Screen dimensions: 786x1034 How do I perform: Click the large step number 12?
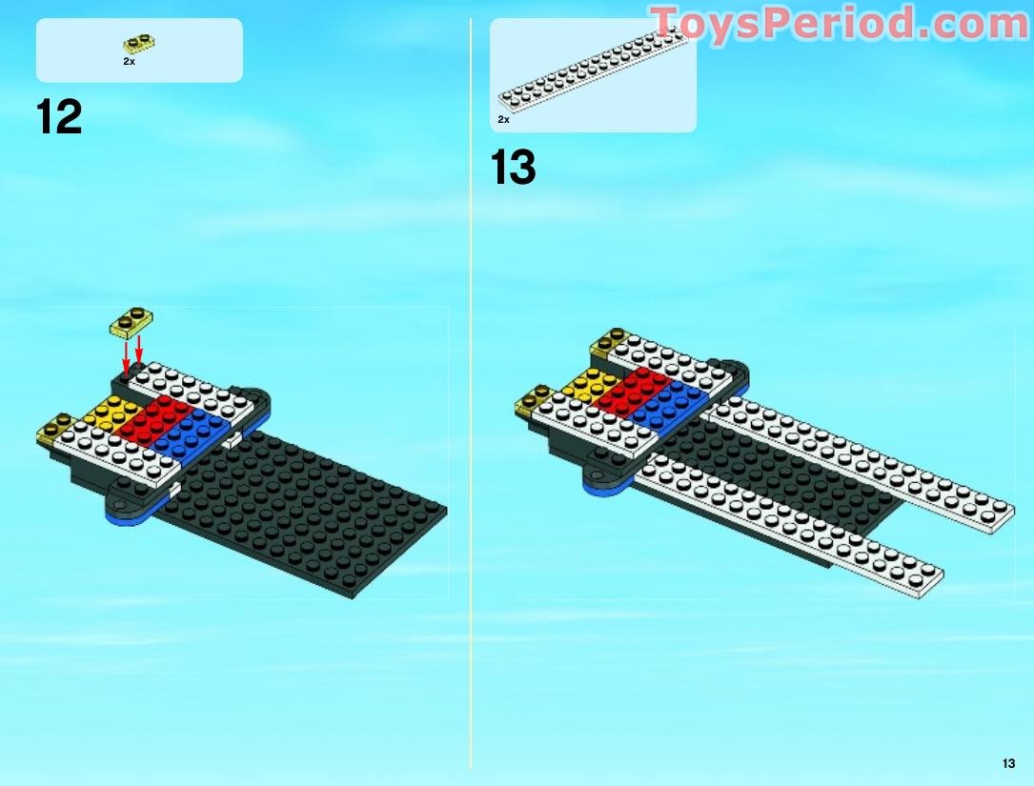[x=59, y=118]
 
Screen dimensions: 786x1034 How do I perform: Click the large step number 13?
[x=514, y=168]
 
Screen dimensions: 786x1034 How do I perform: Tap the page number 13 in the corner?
[x=1008, y=762]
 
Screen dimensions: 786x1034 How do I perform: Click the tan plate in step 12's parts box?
[x=139, y=44]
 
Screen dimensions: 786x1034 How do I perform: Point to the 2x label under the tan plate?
[x=129, y=61]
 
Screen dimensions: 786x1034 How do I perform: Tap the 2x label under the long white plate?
[x=503, y=120]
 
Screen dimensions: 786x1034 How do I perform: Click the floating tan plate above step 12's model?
[x=132, y=323]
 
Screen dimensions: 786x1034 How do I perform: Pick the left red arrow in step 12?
[x=125, y=356]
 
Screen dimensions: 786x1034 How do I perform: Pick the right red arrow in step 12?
[x=139, y=349]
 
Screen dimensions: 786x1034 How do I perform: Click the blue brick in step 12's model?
[x=191, y=431]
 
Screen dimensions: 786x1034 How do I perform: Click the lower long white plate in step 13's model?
[x=791, y=524]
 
